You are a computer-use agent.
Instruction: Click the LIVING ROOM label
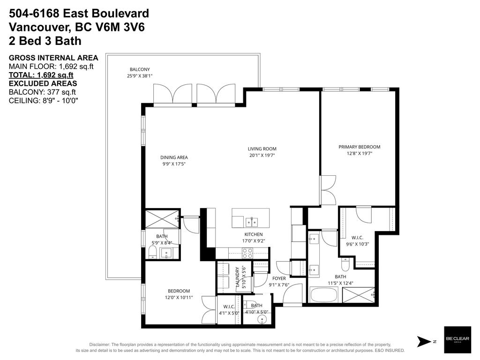(262, 149)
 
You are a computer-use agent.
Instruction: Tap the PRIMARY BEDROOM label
(359, 147)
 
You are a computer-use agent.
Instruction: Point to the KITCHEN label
(253, 234)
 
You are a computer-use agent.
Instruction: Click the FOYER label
(279, 278)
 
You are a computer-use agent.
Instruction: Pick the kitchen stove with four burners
(247, 253)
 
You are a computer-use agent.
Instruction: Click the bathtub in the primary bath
(323, 295)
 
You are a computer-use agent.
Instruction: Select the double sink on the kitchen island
(252, 221)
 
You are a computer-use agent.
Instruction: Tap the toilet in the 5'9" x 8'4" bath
(152, 253)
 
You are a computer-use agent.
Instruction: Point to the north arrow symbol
(423, 341)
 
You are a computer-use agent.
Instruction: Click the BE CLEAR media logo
(457, 340)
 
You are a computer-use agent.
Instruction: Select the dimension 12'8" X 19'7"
(359, 153)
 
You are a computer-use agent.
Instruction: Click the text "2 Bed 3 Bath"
(45, 41)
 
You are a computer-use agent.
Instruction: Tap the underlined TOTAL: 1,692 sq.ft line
(41, 75)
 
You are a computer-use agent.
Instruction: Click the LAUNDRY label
(238, 277)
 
